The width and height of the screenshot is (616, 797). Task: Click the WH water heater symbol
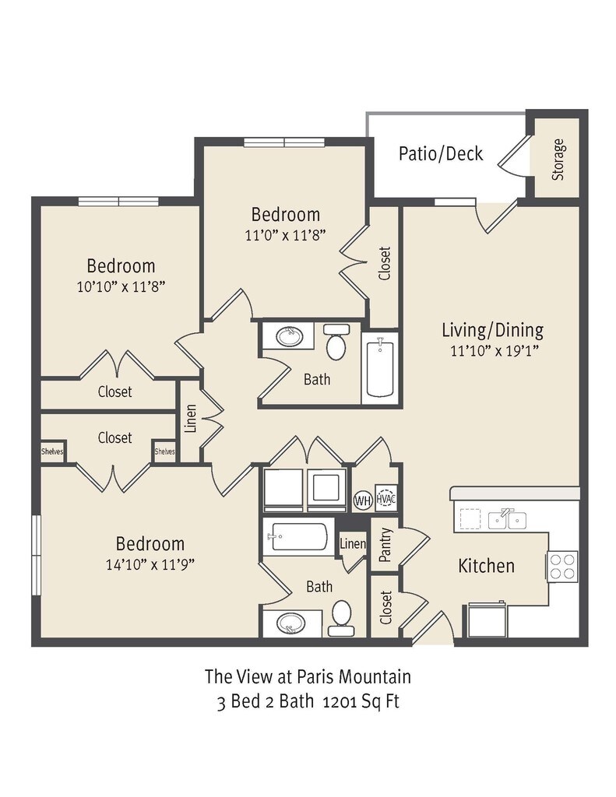point(363,500)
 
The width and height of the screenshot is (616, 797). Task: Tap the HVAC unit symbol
point(385,498)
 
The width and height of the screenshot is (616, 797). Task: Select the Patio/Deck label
point(441,153)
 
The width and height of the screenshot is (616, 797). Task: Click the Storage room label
point(558,160)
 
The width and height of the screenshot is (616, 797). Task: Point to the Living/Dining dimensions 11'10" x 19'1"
point(495,351)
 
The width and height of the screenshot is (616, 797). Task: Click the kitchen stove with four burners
point(562,567)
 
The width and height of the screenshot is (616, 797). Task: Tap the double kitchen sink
point(507,519)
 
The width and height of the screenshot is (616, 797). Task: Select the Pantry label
point(385,544)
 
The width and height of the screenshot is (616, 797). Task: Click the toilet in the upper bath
point(336,342)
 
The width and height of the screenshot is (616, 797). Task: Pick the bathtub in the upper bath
point(380,369)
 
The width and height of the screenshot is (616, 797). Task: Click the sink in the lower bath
point(290,623)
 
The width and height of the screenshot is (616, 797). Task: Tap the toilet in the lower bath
point(341,617)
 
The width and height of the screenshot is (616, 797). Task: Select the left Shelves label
point(52,451)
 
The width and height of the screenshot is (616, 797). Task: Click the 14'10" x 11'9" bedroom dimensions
point(150,565)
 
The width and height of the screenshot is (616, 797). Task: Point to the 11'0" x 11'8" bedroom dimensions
point(285,235)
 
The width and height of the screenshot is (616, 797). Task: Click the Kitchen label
point(486,566)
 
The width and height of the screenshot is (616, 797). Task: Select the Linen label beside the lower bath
point(353,544)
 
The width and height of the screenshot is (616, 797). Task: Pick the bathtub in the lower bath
point(299,537)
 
